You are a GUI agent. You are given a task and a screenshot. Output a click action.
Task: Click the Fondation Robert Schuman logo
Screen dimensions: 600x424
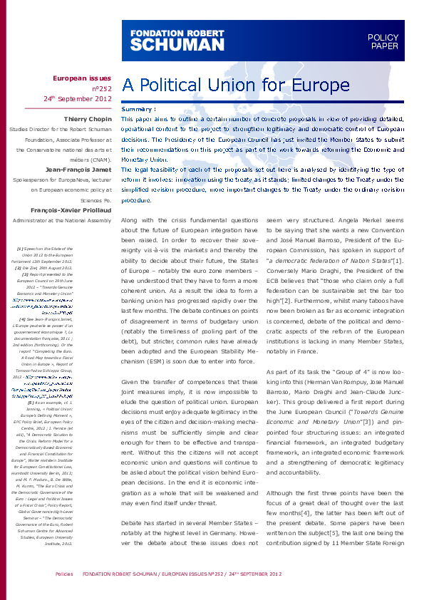click(x=177, y=37)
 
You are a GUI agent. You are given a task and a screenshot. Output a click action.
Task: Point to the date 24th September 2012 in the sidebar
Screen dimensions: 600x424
click(x=78, y=98)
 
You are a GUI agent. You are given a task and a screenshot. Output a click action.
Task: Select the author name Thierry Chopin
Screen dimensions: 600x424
click(x=88, y=118)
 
